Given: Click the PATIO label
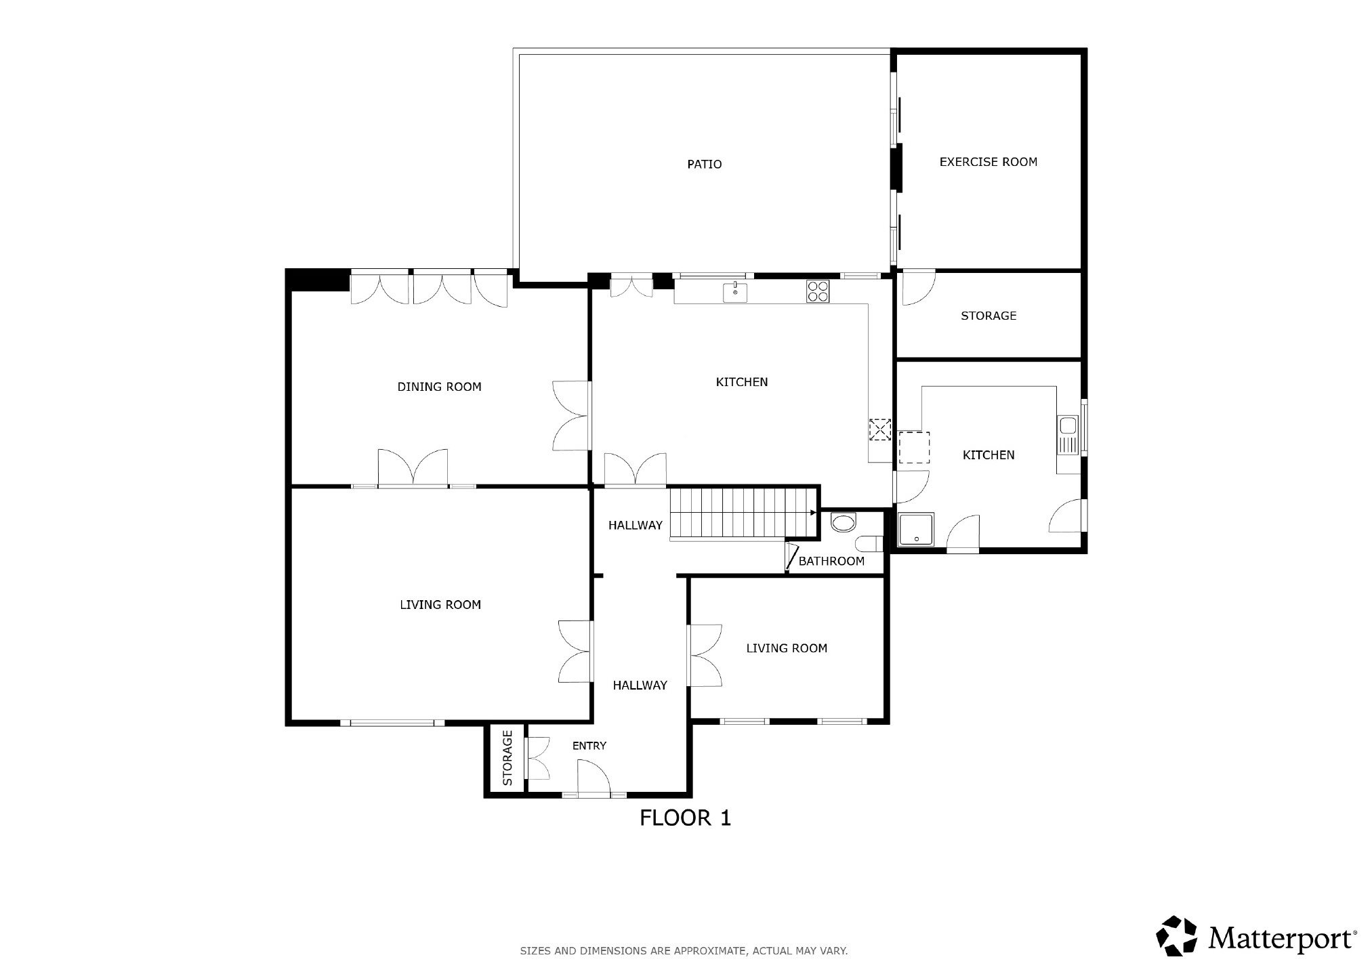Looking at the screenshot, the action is (704, 164).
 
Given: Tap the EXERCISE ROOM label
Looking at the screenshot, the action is (988, 162).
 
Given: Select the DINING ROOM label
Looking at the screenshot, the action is (439, 387).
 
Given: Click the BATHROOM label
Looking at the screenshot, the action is (831, 561).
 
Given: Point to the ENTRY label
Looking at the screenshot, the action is (589, 746).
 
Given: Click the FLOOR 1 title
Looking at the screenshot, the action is (685, 818).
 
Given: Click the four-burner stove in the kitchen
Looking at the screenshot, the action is (818, 291).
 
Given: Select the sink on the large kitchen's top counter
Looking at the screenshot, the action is (735, 292).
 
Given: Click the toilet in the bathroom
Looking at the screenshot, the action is (869, 544).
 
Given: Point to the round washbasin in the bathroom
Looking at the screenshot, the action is (844, 523).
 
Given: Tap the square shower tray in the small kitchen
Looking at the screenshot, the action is (917, 530).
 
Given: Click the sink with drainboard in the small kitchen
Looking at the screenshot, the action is (1068, 435).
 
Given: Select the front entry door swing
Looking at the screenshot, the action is (594, 776).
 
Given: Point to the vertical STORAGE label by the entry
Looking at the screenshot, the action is (507, 758).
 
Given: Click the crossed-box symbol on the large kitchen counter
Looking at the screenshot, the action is (880, 429).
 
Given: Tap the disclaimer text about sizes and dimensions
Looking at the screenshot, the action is (684, 951).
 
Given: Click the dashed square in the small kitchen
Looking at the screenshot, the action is (914, 447).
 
